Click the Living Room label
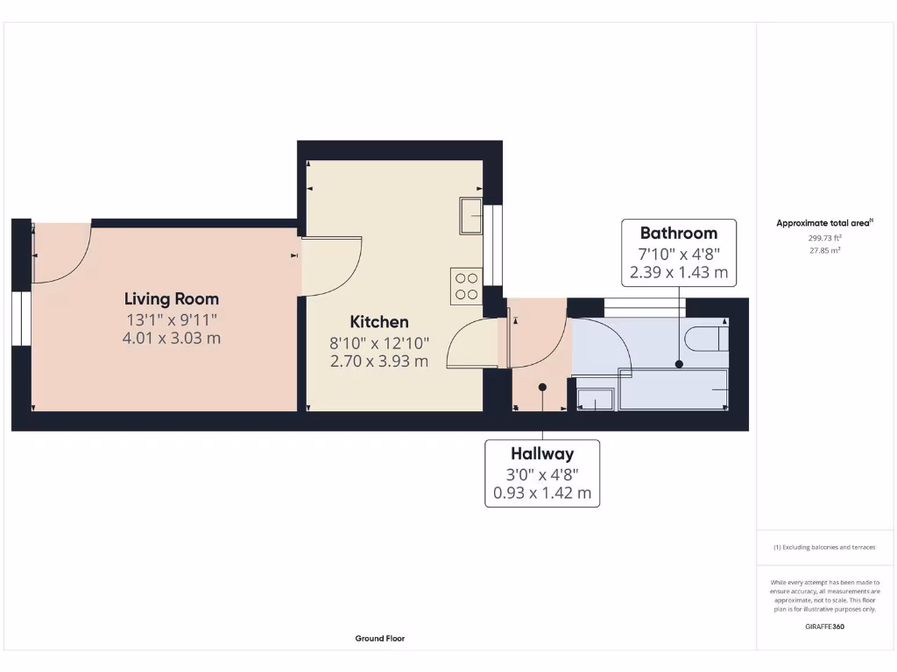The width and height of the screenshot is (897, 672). tap(172, 298)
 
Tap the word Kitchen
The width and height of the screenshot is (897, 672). tap(379, 321)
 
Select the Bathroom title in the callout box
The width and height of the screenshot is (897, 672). tap(678, 233)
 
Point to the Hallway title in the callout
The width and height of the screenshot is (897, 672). tap(542, 453)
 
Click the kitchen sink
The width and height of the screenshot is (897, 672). tap(470, 215)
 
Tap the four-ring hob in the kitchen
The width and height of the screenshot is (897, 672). tap(466, 286)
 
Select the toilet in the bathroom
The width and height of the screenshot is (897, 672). tap(706, 337)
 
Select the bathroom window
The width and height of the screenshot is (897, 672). tap(645, 306)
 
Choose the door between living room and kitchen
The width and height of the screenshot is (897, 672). tap(333, 267)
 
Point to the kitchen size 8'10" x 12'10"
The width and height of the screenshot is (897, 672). tap(379, 342)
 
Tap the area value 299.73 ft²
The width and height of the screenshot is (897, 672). tap(823, 237)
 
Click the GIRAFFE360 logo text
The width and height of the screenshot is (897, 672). tap(823, 626)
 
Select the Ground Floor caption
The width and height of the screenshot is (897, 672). tap(379, 639)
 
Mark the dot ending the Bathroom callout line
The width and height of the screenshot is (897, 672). tap(678, 364)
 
